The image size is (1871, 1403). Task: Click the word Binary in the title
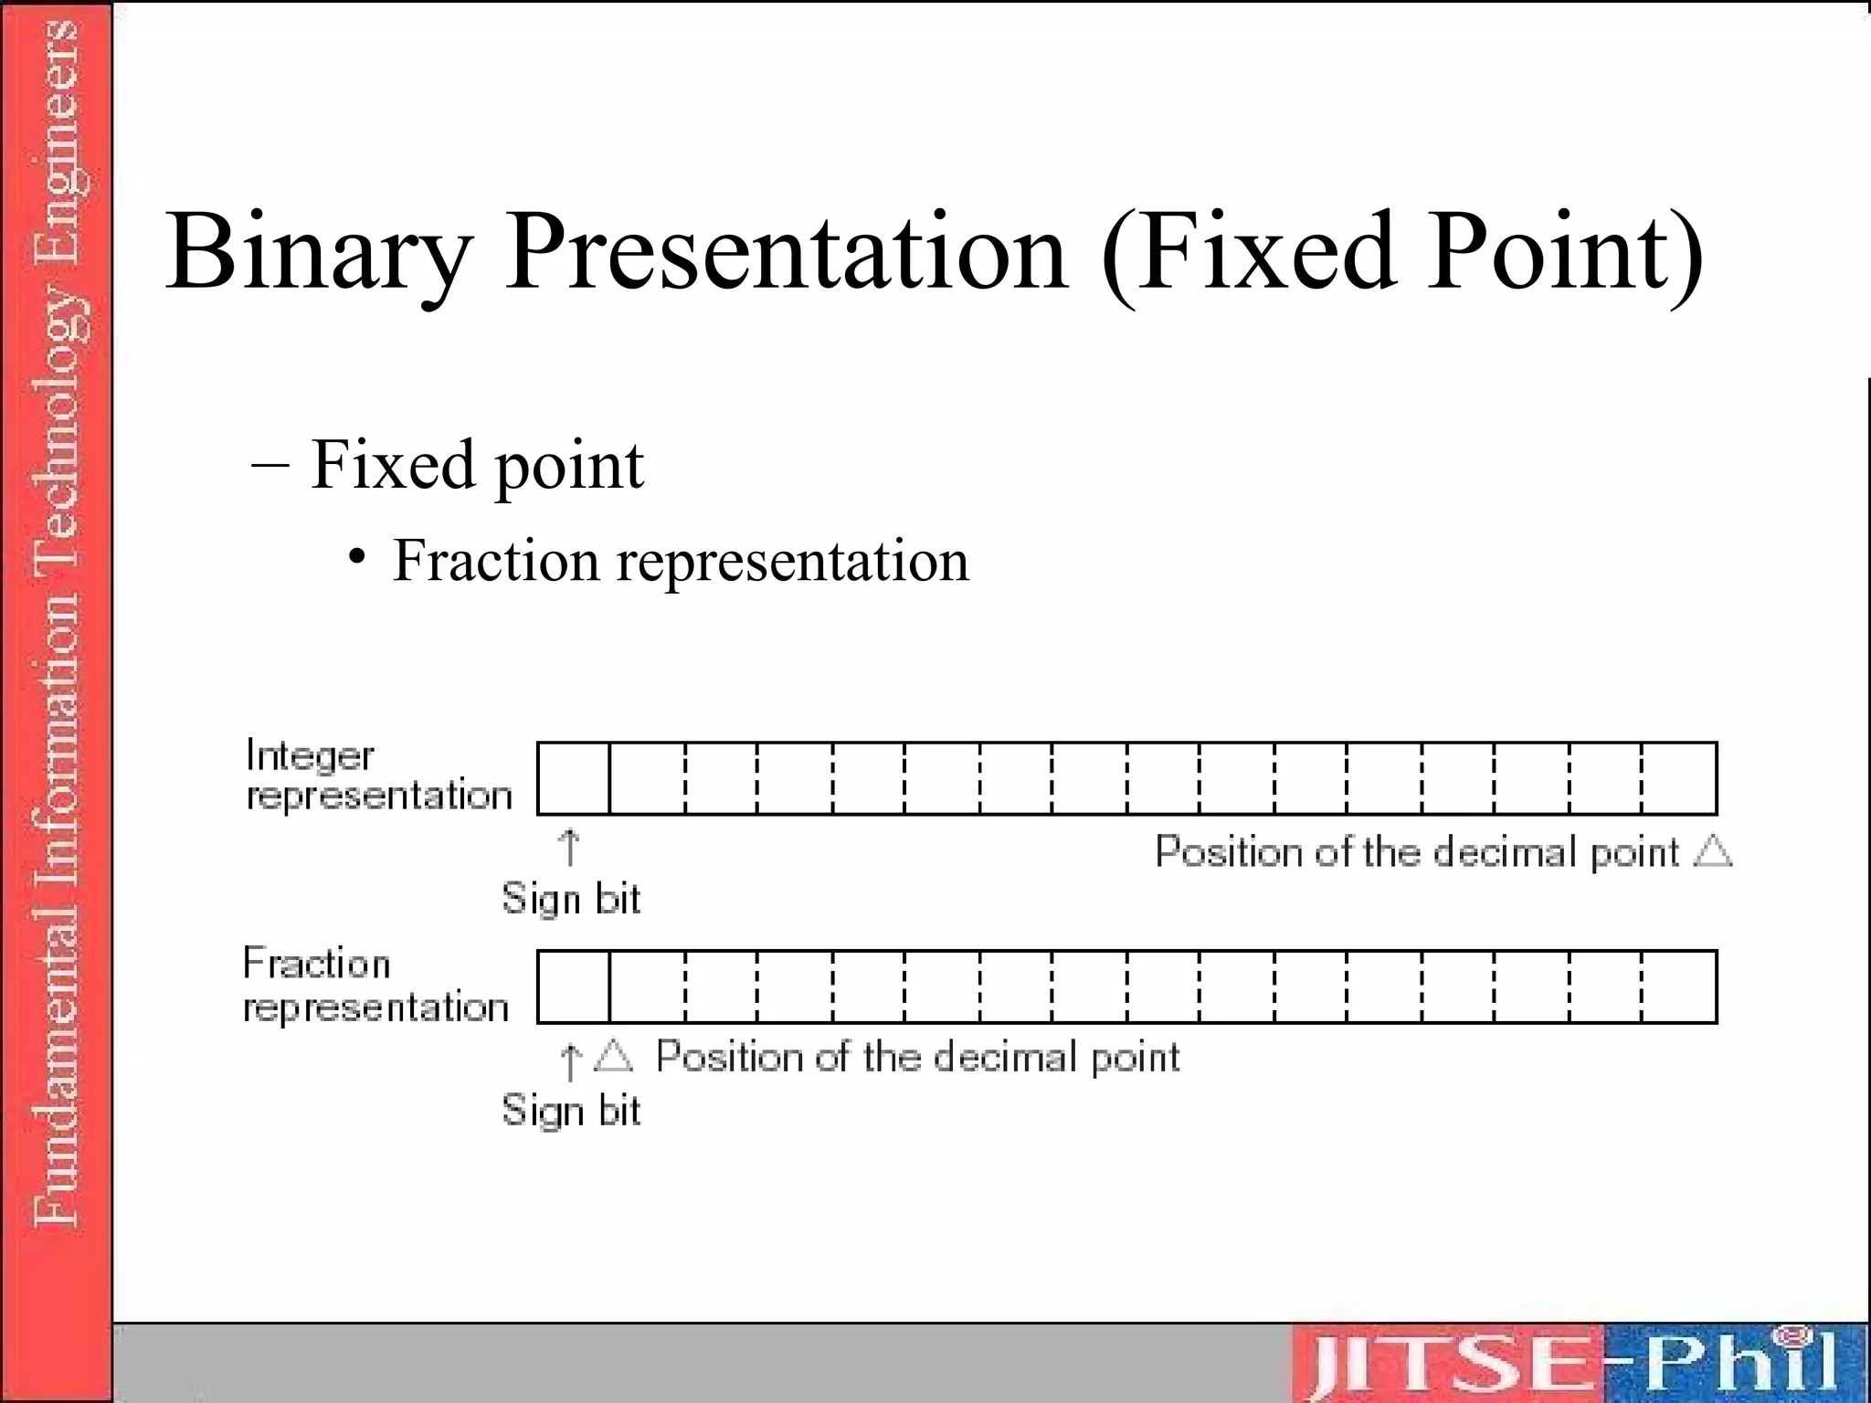pyautogui.click(x=320, y=254)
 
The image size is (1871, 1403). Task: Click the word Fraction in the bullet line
pyautogui.click(x=496, y=560)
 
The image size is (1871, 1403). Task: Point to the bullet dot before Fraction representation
pyautogui.click(x=358, y=556)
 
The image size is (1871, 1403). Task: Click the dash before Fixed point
pyautogui.click(x=270, y=463)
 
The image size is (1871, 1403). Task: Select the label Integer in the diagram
pyautogui.click(x=310, y=755)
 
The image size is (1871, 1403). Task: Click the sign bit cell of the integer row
pyautogui.click(x=574, y=778)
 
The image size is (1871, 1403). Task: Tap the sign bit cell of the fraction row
pyautogui.click(x=574, y=986)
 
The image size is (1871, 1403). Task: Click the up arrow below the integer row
pyautogui.click(x=569, y=848)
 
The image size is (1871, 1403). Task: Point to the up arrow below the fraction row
pyautogui.click(x=569, y=1061)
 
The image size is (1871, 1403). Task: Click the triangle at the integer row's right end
pyautogui.click(x=1712, y=851)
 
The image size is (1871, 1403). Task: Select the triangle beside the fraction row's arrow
pyautogui.click(x=613, y=1056)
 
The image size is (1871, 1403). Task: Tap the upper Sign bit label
pyautogui.click(x=571, y=899)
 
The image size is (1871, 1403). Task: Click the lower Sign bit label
pyautogui.click(x=571, y=1111)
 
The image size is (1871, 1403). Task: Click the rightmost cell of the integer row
pyautogui.click(x=1679, y=778)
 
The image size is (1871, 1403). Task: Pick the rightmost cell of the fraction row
pyautogui.click(x=1679, y=986)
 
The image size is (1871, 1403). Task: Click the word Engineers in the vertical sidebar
pyautogui.click(x=57, y=110)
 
